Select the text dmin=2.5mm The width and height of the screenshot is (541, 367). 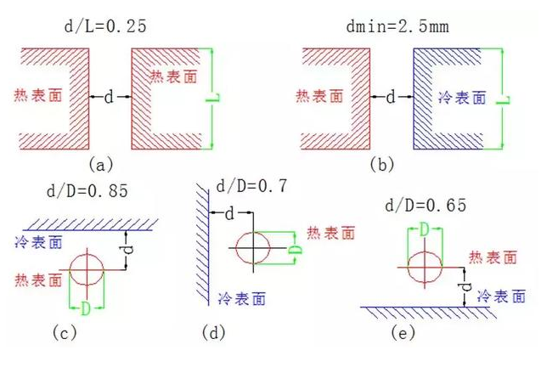click(386, 25)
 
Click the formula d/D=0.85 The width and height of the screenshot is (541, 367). click(85, 190)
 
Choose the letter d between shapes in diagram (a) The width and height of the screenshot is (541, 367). click(110, 98)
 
